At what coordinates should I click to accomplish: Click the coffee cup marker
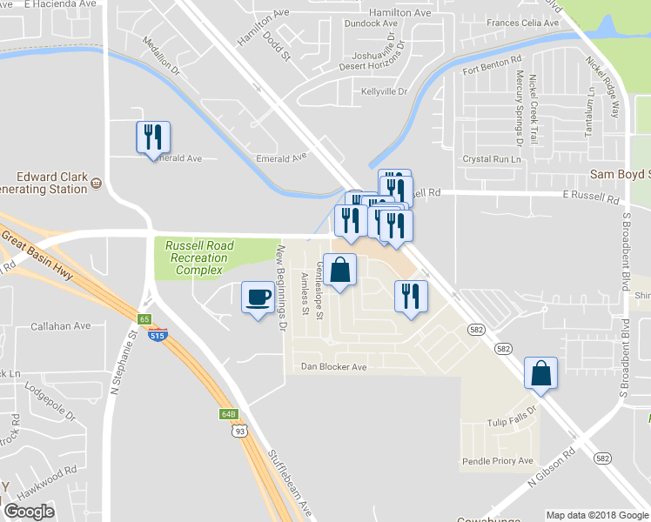[257, 298]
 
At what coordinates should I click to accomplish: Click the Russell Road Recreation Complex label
[199, 258]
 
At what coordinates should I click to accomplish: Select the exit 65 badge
[144, 319]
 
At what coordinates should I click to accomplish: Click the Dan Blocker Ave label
[334, 367]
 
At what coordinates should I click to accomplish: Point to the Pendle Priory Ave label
[498, 460]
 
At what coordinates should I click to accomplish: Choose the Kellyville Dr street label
[384, 91]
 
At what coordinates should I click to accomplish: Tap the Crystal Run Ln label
[492, 159]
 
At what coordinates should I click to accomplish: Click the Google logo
[29, 512]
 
